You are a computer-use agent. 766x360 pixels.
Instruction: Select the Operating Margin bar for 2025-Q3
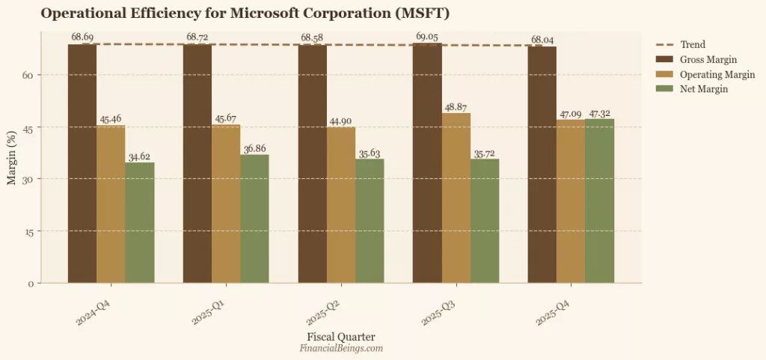[456, 198]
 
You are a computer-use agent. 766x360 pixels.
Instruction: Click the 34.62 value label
[140, 156]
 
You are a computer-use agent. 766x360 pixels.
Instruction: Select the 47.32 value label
[600, 113]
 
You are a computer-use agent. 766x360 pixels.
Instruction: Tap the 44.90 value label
[341, 121]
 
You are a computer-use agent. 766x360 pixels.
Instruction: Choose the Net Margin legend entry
[702, 89]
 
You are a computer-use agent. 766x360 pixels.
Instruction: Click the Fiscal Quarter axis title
[341, 336]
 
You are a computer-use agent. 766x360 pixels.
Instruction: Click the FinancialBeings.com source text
[341, 348]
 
